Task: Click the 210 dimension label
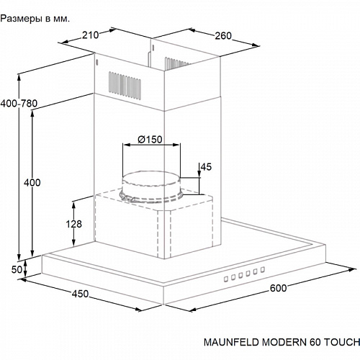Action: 90,35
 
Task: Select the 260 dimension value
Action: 223,36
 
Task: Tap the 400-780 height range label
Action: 19,104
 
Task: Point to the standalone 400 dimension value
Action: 32,183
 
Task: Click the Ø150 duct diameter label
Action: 150,139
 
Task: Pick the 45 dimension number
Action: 206,167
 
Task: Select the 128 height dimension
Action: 74,224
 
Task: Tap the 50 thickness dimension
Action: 17,269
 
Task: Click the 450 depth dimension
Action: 80,294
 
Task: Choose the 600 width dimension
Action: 278,288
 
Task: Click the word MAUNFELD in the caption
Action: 232,342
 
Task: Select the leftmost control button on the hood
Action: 226,279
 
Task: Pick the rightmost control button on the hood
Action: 263,269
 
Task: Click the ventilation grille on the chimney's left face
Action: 125,85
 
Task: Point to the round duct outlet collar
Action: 150,187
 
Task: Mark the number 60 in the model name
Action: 315,342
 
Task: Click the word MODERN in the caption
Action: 284,342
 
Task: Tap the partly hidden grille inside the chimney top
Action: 177,63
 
